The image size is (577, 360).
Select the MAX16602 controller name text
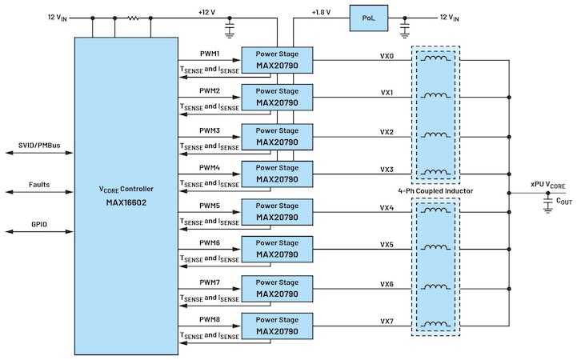126,202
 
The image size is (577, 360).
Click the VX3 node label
387,170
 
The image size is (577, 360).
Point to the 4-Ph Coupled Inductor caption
435,191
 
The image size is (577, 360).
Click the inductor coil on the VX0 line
435,58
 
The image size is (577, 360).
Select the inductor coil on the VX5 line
435,249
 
